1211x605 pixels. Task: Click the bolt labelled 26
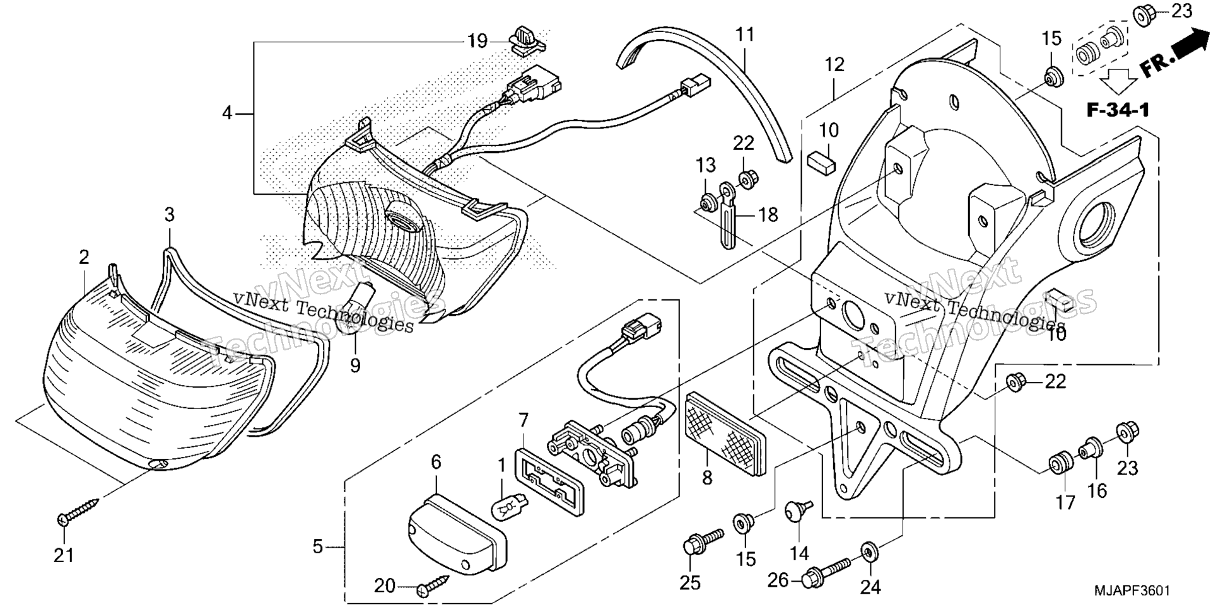828,571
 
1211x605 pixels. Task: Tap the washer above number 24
869,552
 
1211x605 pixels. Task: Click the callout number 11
745,34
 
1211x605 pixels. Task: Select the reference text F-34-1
1117,110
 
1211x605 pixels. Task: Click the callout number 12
834,64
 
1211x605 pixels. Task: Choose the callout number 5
318,547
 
